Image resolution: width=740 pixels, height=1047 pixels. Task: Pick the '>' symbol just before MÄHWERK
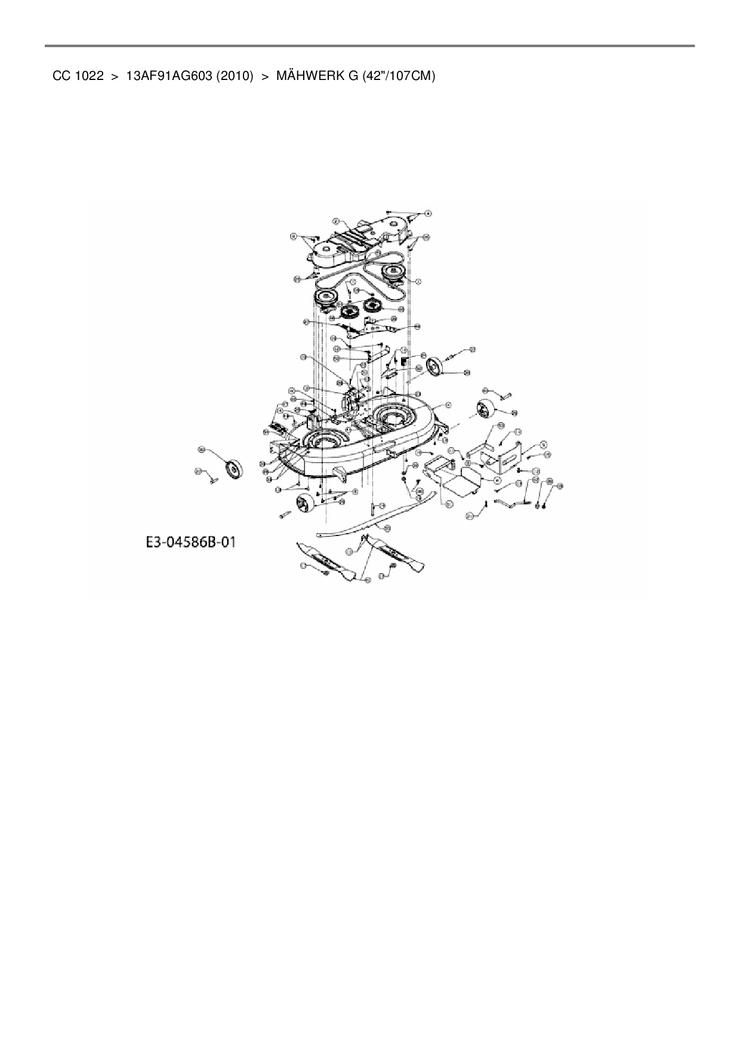point(264,76)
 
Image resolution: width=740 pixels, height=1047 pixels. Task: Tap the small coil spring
point(404,361)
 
